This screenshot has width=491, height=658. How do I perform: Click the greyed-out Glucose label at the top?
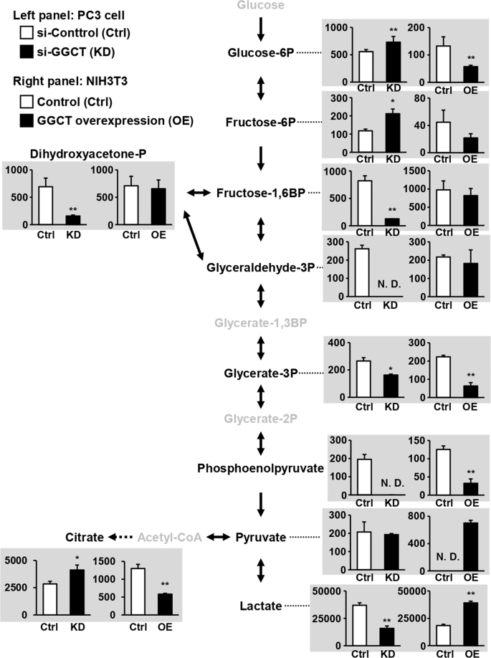point(261,5)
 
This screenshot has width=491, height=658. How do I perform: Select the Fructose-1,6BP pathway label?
point(261,193)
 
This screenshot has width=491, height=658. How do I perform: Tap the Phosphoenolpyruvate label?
point(261,468)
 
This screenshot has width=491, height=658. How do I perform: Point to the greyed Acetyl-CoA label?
point(170,537)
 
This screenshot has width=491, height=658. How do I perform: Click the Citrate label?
point(85,537)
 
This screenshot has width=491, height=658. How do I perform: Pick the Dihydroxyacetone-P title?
point(88,154)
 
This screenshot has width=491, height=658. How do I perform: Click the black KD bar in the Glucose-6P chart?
point(393,62)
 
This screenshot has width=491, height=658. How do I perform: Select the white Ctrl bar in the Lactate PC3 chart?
point(360,625)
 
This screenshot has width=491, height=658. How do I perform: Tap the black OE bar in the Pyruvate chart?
point(471,546)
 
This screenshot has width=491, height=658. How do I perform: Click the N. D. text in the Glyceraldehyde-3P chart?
point(389,284)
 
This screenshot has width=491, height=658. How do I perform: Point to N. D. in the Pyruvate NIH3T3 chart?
point(448,557)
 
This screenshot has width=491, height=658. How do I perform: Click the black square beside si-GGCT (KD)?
point(27,52)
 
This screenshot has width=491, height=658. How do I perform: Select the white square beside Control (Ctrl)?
point(27,102)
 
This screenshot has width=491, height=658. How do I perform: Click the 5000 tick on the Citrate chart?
point(16,561)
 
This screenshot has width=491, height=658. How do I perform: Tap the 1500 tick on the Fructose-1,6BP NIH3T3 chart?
point(414,171)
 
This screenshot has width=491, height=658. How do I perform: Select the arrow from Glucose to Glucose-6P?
point(261,29)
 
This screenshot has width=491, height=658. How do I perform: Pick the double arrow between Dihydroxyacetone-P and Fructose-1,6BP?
point(199,193)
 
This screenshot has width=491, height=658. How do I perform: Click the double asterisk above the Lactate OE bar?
point(471,593)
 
